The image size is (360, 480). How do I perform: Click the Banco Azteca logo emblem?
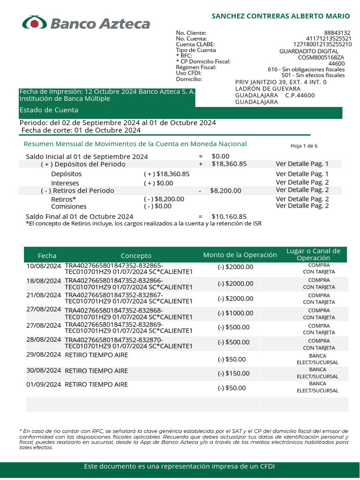click(x=35, y=23)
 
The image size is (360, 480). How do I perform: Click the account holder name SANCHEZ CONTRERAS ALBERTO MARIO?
click(x=281, y=16)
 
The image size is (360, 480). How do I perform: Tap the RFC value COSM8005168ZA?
click(x=321, y=58)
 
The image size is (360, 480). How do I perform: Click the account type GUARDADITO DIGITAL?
click(x=308, y=51)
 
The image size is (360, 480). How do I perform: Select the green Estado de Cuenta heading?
click(x=49, y=110)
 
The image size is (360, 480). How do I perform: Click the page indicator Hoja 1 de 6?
click(x=304, y=146)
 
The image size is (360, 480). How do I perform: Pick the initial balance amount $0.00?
click(x=221, y=156)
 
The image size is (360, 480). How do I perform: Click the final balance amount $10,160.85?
click(x=229, y=217)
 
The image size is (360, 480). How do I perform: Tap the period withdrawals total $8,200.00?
click(x=225, y=191)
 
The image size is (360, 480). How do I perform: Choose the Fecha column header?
click(x=47, y=255)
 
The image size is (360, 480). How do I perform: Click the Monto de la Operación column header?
click(x=240, y=255)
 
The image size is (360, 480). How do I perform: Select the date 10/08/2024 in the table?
click(x=44, y=266)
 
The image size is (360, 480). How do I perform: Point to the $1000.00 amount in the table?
click(x=235, y=313)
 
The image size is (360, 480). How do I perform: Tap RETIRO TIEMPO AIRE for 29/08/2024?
click(x=96, y=355)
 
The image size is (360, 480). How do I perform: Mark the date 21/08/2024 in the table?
click(x=44, y=294)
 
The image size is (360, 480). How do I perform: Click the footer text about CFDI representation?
click(x=180, y=466)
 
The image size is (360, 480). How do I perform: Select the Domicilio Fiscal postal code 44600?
click(x=336, y=64)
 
